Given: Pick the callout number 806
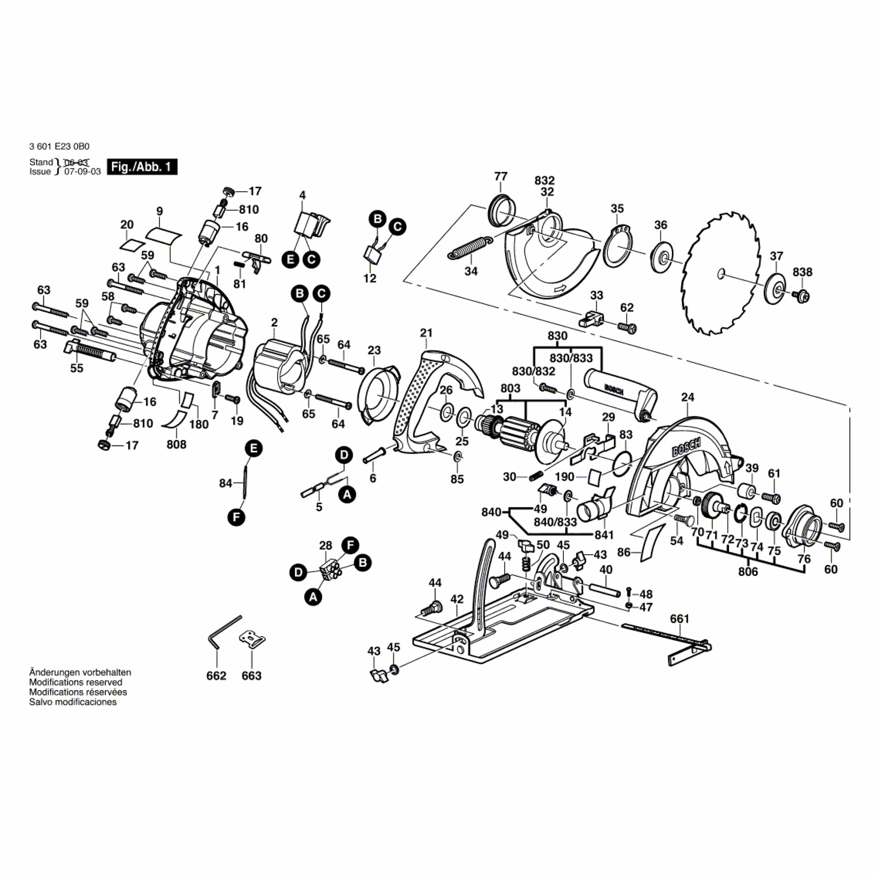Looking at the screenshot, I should [748, 571].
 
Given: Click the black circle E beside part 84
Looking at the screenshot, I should [254, 449].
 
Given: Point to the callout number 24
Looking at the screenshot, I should [687, 397].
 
